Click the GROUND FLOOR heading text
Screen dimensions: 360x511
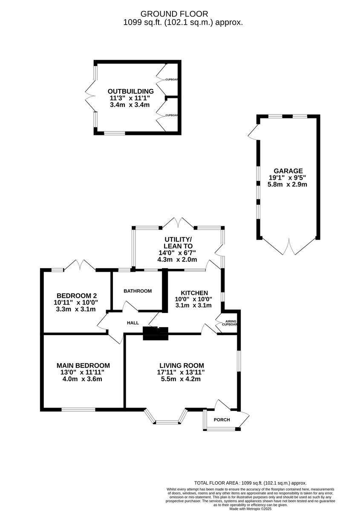click(174, 14)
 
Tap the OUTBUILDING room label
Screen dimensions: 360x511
click(130, 91)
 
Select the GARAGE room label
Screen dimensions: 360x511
click(288, 171)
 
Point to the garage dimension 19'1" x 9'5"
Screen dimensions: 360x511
click(288, 178)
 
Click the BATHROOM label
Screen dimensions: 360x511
click(138, 291)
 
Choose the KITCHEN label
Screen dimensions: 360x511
click(194, 293)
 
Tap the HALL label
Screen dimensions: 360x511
click(133, 323)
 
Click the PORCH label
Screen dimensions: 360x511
click(222, 420)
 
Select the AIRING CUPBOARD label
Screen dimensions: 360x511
click(230, 323)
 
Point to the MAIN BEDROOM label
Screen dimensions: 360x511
click(83, 365)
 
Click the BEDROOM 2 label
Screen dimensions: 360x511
click(77, 296)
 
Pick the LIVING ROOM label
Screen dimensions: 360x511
click(182, 365)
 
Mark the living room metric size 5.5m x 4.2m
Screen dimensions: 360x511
click(181, 379)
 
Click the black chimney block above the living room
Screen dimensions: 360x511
click(156, 333)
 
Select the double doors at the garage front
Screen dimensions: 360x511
click(289, 247)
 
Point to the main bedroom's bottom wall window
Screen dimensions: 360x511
click(78, 410)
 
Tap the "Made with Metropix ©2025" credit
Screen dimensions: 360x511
click(251, 509)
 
